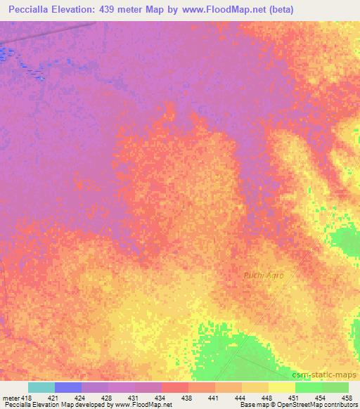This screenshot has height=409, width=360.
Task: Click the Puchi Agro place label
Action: point(264,275)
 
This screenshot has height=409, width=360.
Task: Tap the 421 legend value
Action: point(58,397)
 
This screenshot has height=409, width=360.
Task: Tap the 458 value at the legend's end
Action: point(347,397)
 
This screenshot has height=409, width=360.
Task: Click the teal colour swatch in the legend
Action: point(41,387)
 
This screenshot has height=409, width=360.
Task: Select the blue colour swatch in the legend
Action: point(68,387)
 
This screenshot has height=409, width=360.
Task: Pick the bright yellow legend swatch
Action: point(282,387)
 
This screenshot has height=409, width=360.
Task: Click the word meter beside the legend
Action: point(12,397)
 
